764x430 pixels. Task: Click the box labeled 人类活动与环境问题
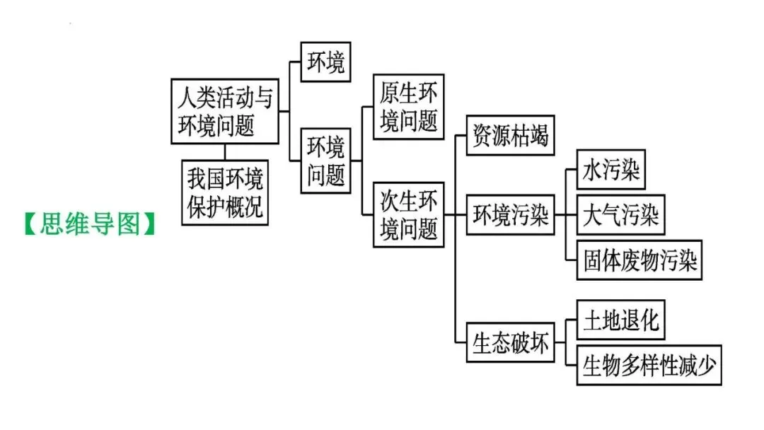point(225,110)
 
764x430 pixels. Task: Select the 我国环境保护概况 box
point(225,192)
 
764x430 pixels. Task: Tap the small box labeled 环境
point(325,62)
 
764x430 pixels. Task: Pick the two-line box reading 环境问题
point(326,161)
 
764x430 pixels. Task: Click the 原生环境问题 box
point(409,107)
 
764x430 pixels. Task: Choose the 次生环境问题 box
point(409,214)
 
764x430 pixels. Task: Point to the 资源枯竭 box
point(510,134)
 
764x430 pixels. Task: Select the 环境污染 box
point(510,215)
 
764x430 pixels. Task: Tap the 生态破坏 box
point(510,343)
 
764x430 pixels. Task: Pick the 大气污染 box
point(621,215)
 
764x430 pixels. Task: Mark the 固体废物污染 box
point(639,260)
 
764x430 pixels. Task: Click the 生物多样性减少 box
point(649,365)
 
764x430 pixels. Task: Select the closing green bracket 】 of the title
point(150,224)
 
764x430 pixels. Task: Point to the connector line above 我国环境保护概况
point(225,151)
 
